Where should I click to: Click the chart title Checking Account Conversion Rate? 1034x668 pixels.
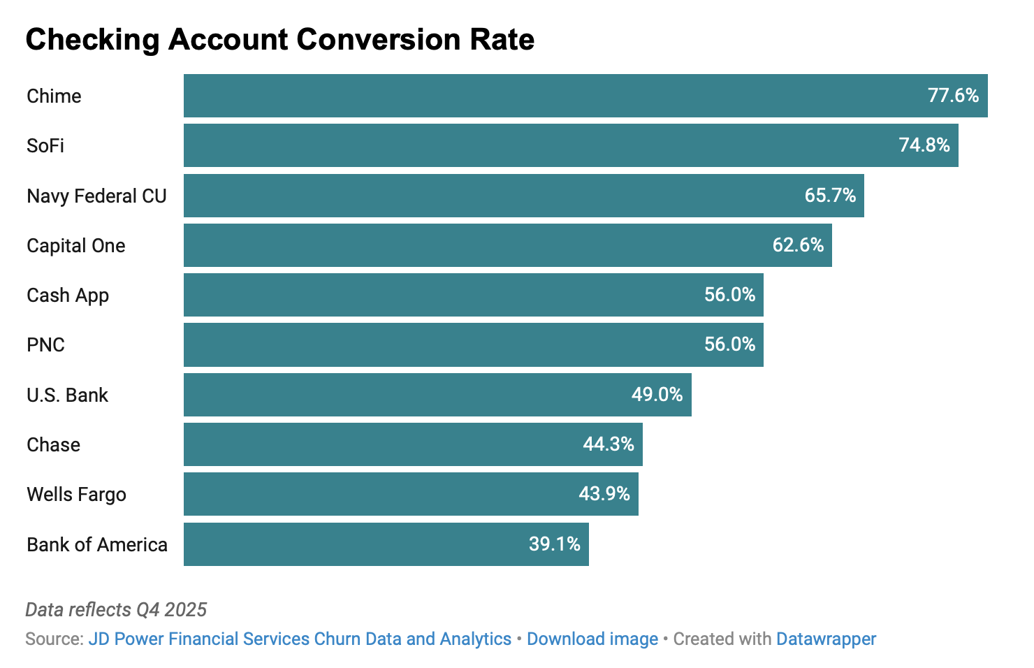pos(279,40)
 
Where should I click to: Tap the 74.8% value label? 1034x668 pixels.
pos(924,145)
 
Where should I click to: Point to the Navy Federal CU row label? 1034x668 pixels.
pos(96,196)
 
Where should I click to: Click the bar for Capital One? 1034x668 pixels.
pos(475,245)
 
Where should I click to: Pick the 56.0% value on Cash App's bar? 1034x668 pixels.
pos(729,295)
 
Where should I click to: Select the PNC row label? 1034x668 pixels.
pos(45,345)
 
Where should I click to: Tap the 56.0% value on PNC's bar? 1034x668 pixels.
pos(729,344)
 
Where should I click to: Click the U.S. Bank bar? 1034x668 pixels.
pos(405,395)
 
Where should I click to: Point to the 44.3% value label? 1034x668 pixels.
pos(609,444)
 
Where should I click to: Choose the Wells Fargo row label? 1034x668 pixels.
pos(76,495)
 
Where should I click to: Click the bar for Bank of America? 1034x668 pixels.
pos(349,544)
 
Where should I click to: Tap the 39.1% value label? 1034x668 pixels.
pos(554,544)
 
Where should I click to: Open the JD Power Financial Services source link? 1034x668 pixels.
pos(300,639)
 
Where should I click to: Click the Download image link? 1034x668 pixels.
pos(592,639)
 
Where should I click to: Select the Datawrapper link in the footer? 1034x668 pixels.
pos(826,639)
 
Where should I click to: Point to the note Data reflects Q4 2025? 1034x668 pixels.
pos(116,610)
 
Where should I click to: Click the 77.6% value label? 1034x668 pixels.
pos(953,96)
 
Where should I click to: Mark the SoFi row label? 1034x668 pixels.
pos(45,146)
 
